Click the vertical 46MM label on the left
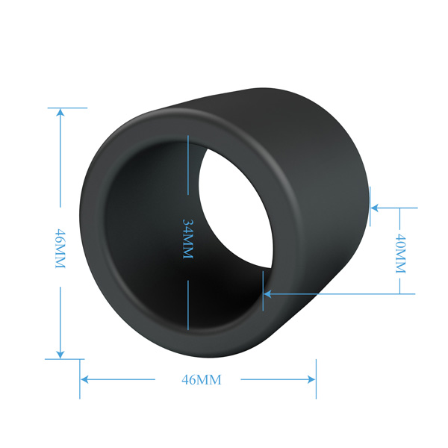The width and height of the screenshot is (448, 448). [60, 249]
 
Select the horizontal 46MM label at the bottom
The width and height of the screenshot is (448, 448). [202, 380]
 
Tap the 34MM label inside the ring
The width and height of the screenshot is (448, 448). [188, 239]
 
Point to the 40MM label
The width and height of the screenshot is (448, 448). [400, 253]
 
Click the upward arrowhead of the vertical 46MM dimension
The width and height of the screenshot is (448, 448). [60, 113]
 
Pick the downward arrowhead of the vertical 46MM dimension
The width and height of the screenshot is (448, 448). [60, 354]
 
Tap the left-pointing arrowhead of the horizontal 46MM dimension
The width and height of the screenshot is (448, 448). [84, 380]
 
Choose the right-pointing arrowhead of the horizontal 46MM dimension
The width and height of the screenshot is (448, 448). [311, 380]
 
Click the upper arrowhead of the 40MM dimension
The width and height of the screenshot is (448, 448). [375, 208]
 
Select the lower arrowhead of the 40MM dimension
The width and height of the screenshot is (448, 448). [267, 293]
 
